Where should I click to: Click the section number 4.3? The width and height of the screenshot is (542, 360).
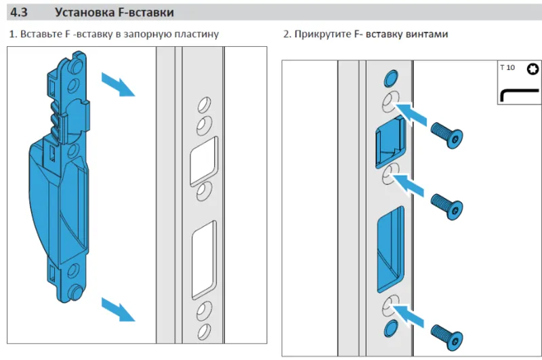click(x=20, y=11)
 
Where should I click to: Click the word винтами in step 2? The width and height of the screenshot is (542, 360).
click(x=425, y=33)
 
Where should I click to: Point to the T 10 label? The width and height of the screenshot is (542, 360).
click(x=507, y=68)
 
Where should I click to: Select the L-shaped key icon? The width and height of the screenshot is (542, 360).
click(x=518, y=94)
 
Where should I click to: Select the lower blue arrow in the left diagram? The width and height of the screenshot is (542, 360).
click(x=118, y=309)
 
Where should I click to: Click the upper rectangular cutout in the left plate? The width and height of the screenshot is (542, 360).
click(x=204, y=160)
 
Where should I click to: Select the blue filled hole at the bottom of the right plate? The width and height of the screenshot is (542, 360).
click(x=391, y=328)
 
